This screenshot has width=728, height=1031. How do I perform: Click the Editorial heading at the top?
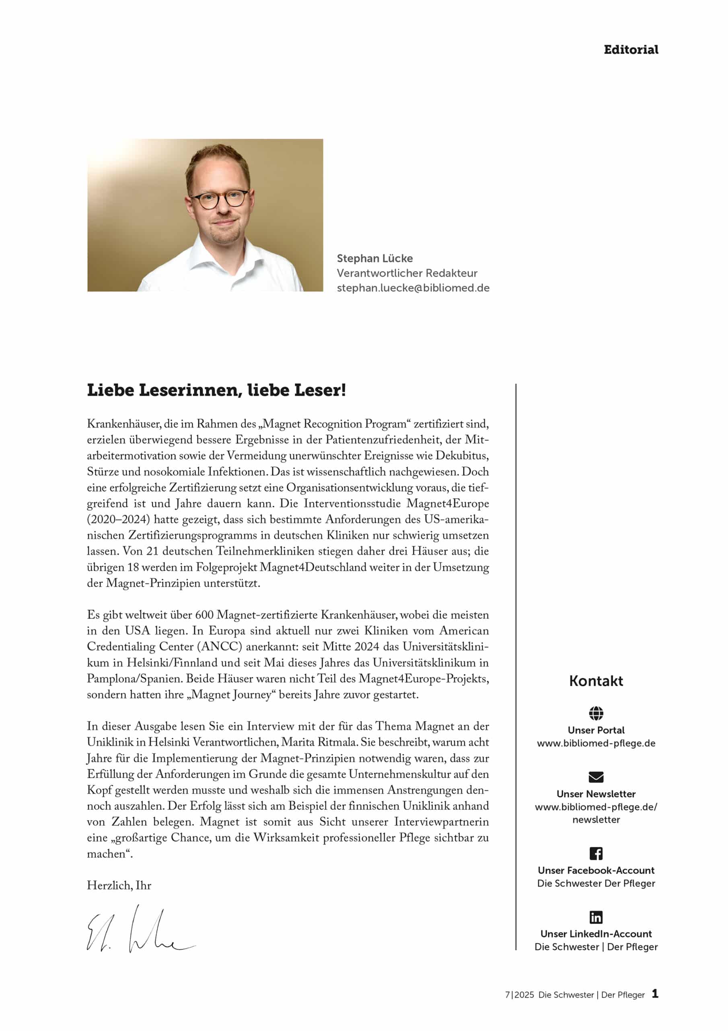(x=631, y=50)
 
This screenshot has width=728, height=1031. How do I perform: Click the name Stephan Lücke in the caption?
(x=374, y=259)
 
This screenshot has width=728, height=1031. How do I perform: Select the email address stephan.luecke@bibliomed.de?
(x=413, y=288)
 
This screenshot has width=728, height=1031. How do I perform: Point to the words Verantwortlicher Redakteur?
(x=407, y=273)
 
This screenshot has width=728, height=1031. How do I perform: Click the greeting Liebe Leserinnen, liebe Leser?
(x=216, y=390)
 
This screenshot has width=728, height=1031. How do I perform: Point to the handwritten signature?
(x=140, y=930)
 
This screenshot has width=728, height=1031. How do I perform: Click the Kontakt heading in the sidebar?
(x=596, y=681)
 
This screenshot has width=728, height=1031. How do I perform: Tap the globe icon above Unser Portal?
(x=596, y=713)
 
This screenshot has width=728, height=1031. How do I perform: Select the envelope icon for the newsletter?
(x=596, y=777)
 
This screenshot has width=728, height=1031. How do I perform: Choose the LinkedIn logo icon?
(x=596, y=917)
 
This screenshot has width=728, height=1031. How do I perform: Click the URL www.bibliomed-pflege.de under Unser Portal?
(x=596, y=743)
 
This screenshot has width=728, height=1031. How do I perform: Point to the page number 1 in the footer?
(x=655, y=994)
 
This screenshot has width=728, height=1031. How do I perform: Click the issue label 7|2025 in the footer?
(x=519, y=995)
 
